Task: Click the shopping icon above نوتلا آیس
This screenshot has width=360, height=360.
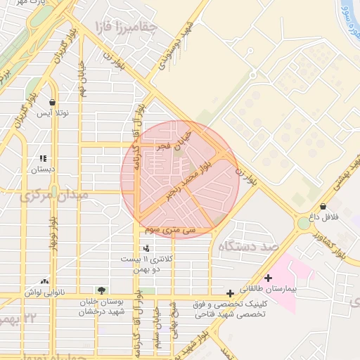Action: [x=52, y=102]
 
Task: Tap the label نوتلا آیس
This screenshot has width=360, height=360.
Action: [x=52, y=113]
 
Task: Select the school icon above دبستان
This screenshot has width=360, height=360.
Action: [x=43, y=159]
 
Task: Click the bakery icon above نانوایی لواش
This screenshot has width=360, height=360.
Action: [x=45, y=280]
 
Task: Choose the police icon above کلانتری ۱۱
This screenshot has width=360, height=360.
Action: [x=146, y=248]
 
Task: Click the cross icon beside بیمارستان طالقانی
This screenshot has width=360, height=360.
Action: [x=267, y=278]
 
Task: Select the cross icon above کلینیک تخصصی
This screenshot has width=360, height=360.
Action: [x=230, y=293]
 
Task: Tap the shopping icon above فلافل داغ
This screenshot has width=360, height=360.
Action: [x=322, y=207]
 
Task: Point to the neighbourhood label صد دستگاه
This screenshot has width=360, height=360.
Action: [x=249, y=247]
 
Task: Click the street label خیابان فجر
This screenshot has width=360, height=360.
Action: [x=174, y=138]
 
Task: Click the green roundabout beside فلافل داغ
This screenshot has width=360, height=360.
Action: [x=303, y=223]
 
